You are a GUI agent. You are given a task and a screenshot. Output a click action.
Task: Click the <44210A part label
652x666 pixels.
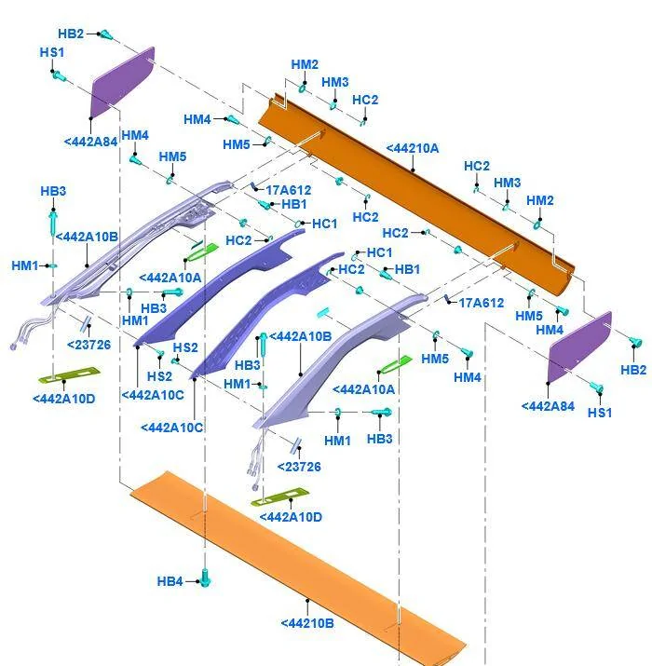413,148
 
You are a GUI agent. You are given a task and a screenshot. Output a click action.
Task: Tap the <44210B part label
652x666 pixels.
307,623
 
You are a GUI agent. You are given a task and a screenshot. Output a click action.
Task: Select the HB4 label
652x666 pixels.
170,581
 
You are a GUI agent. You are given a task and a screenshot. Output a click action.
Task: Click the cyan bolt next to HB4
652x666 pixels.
205,578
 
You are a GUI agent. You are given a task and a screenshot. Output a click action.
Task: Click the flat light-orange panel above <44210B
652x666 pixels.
297,569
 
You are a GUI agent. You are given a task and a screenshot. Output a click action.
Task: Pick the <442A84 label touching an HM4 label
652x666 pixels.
90,142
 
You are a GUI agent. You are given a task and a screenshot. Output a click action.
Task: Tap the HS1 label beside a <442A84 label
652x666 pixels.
600,413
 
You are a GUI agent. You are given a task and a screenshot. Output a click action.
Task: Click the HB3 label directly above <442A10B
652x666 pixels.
53,191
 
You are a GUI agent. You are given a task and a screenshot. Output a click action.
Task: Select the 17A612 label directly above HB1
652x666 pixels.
289,190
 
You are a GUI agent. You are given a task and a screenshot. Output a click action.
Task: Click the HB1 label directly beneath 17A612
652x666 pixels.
294,204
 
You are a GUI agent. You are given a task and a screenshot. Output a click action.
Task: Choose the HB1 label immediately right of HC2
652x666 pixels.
407,269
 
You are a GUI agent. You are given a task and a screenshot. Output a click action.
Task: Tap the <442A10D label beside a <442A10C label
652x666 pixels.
63,399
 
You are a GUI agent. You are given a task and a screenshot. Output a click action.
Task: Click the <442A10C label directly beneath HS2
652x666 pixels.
153,395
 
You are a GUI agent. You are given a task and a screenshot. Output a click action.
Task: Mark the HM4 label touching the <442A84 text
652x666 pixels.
135,135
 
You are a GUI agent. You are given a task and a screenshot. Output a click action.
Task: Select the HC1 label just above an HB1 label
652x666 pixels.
379,252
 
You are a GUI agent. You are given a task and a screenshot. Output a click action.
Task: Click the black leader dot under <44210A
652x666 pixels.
413,170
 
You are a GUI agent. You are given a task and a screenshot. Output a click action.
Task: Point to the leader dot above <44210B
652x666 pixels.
307,600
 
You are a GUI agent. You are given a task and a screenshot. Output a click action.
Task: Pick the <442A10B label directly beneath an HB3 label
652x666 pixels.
87,237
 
